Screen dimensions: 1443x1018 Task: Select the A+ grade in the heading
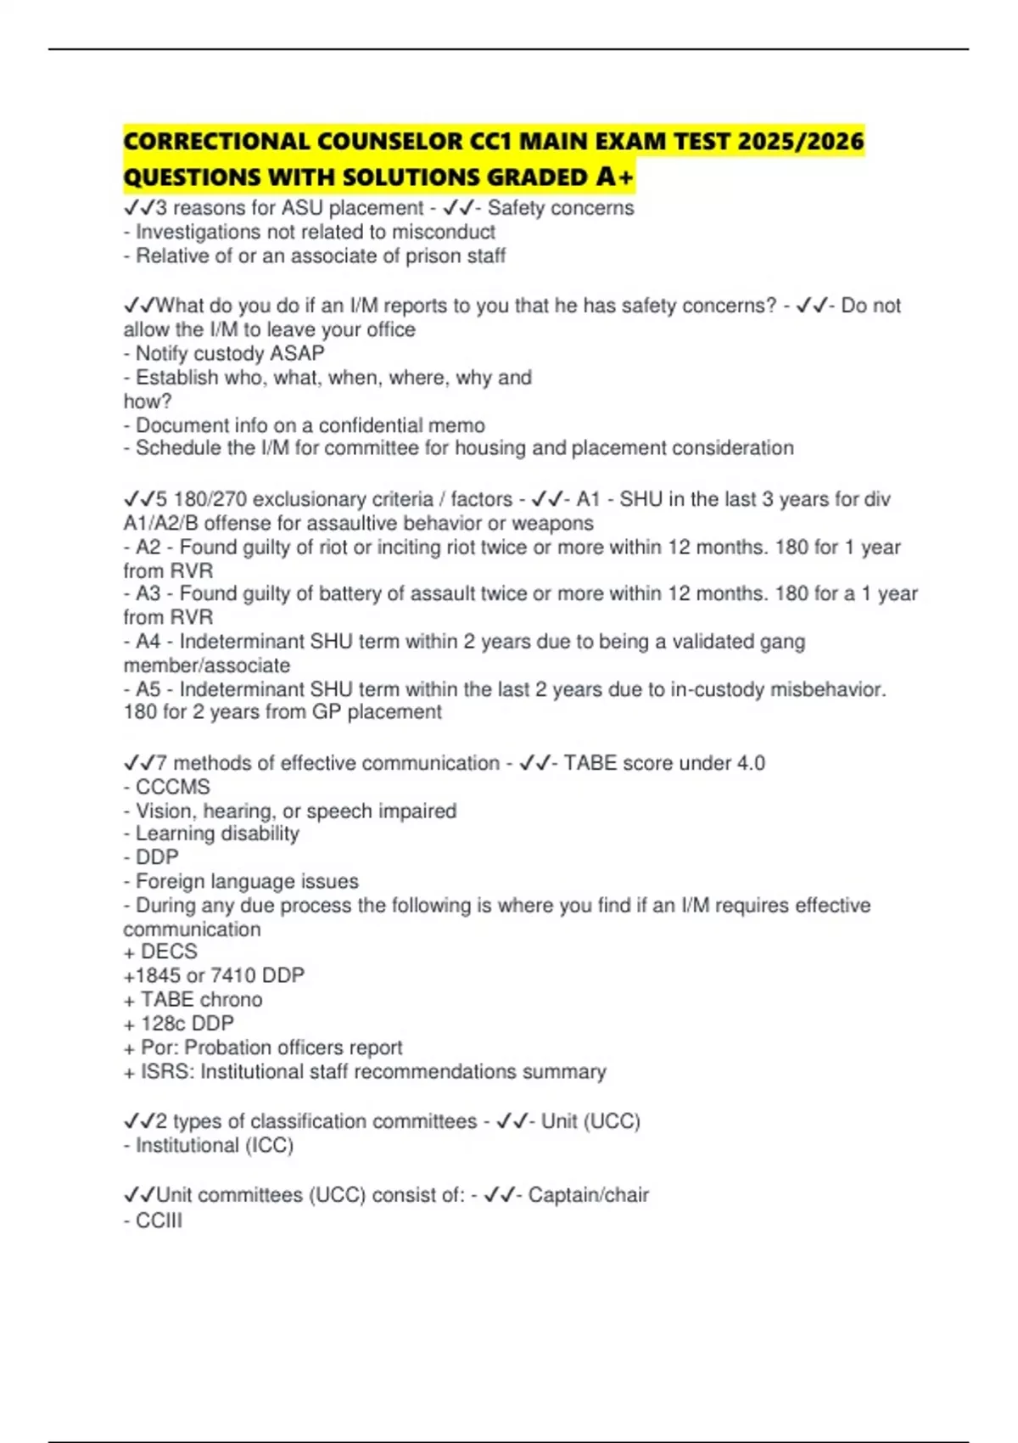[615, 177]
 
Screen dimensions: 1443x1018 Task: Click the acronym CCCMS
[173, 787]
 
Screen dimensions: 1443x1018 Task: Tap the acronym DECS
[169, 952]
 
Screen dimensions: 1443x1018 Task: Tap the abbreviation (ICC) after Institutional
[269, 1145]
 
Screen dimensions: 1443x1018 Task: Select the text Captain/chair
[588, 1195]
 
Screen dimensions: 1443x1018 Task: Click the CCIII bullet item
[159, 1221]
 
